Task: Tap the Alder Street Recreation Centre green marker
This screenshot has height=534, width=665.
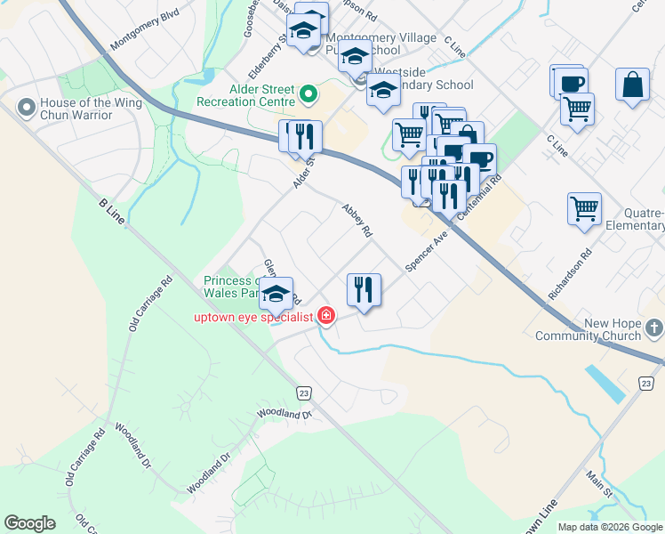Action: [x=308, y=93]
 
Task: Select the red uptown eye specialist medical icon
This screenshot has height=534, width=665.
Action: [x=326, y=316]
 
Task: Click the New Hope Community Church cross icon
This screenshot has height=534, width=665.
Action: [x=654, y=329]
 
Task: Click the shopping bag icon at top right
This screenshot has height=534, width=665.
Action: [x=632, y=85]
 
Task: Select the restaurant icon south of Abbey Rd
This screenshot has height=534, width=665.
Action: [x=364, y=289]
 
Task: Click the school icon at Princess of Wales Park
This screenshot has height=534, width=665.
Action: [x=276, y=295]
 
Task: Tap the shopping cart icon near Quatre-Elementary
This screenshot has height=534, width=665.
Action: [x=584, y=209]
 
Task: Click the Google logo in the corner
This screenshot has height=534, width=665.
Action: [x=30, y=523]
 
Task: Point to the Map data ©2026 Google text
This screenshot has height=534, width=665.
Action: [x=610, y=527]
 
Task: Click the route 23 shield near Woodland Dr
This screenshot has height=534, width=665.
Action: [x=304, y=392]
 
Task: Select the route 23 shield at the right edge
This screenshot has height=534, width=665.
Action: [x=645, y=383]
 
